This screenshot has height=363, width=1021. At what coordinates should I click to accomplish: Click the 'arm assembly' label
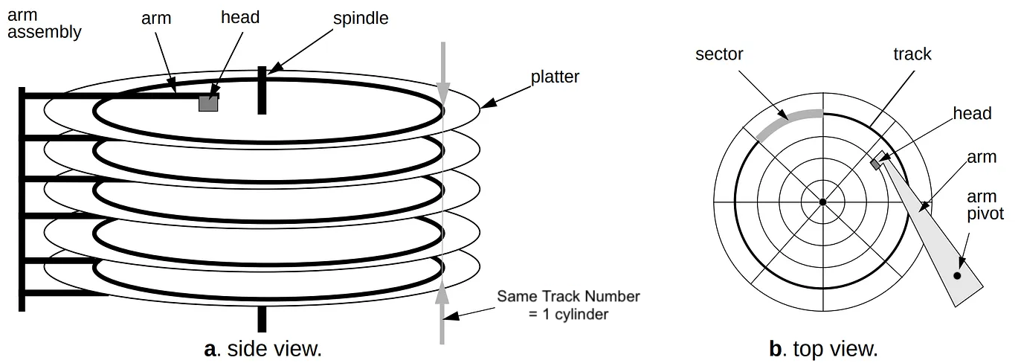pos(44,24)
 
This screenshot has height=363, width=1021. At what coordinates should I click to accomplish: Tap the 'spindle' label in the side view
pos(360,18)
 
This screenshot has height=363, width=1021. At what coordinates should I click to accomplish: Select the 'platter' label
pos(555,77)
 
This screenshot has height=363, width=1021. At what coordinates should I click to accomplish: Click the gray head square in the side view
pos(208,103)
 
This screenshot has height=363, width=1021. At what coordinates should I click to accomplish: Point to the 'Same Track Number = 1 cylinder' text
pos(568,305)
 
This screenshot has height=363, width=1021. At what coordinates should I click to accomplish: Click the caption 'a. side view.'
pos(263,348)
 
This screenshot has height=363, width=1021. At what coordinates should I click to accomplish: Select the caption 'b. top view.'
pos(823,348)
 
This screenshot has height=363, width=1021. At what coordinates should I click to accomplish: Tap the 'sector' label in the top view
pos(719,54)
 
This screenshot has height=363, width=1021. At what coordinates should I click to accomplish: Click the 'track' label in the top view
pos(912,54)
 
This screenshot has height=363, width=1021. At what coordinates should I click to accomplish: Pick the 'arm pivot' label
pos(985,205)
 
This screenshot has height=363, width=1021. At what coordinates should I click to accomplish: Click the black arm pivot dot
pos(957,276)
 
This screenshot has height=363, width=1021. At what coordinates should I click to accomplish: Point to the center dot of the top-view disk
pos(822,202)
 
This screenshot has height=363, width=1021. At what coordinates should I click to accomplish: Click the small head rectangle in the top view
pos(878,160)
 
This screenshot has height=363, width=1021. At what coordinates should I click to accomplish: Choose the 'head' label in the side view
pos(239,18)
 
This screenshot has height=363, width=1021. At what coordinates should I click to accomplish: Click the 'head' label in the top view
pos(973,113)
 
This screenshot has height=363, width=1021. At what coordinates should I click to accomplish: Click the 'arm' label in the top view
pos(982,158)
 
